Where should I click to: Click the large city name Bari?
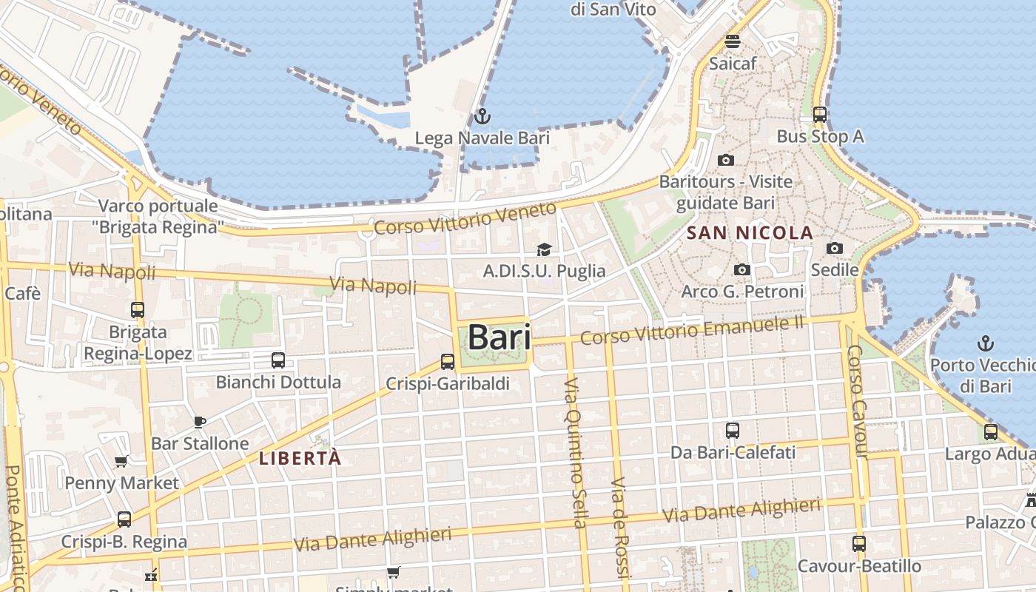click(x=499, y=337)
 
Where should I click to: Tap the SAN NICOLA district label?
click(x=750, y=233)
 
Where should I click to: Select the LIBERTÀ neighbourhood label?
click(x=300, y=459)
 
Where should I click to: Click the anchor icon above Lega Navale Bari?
click(x=482, y=116)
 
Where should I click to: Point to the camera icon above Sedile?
click(x=835, y=249)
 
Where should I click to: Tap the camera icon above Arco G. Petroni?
click(x=742, y=270)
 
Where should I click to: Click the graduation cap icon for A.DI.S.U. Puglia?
click(x=544, y=250)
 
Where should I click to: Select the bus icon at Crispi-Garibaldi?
click(x=448, y=362)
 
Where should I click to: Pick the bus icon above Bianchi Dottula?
click(x=278, y=360)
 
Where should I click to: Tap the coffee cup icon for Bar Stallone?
click(x=200, y=422)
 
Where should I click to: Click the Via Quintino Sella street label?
click(x=575, y=453)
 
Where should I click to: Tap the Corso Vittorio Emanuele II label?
click(x=692, y=330)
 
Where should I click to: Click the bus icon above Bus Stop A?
click(x=820, y=115)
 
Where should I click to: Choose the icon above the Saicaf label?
click(x=733, y=41)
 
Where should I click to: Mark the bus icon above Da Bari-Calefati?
click(x=733, y=431)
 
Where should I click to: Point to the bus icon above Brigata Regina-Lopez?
click(x=138, y=310)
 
